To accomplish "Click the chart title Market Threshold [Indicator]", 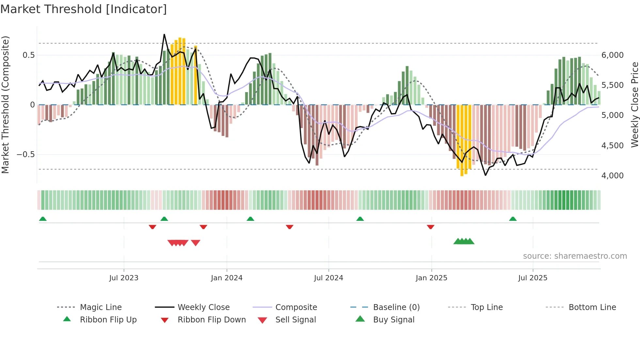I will tap(84, 9).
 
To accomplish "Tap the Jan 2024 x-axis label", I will tap(227, 278).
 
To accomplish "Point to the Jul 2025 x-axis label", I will tap(533, 278).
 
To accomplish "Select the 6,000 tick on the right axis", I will tap(613, 55).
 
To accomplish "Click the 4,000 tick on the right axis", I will tap(613, 176).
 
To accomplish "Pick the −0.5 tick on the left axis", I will tap(25, 155).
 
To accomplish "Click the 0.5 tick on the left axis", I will tap(28, 55).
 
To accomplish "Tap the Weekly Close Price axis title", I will tap(634, 105).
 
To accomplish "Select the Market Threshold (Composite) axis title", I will tap(5, 105).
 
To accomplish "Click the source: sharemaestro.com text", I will tap(575, 256).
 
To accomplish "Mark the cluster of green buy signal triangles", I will tap(464, 241).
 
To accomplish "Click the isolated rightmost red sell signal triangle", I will tap(196, 243).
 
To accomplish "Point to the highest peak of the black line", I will tap(164, 34).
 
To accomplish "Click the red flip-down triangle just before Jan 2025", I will tap(430, 227).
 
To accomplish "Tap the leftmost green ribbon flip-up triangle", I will tap(43, 219).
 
